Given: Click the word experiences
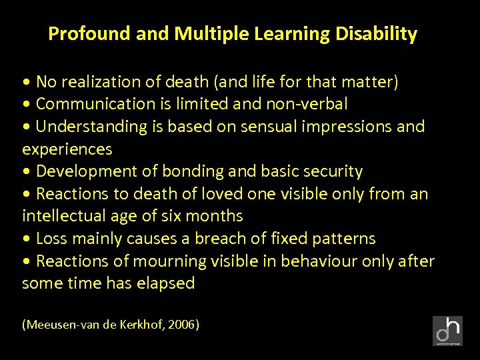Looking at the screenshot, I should pos(67,149).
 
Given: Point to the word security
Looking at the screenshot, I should pos(333,171).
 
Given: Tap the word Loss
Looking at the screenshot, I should pos(51,239).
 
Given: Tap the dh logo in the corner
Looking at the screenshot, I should pos(447,331).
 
